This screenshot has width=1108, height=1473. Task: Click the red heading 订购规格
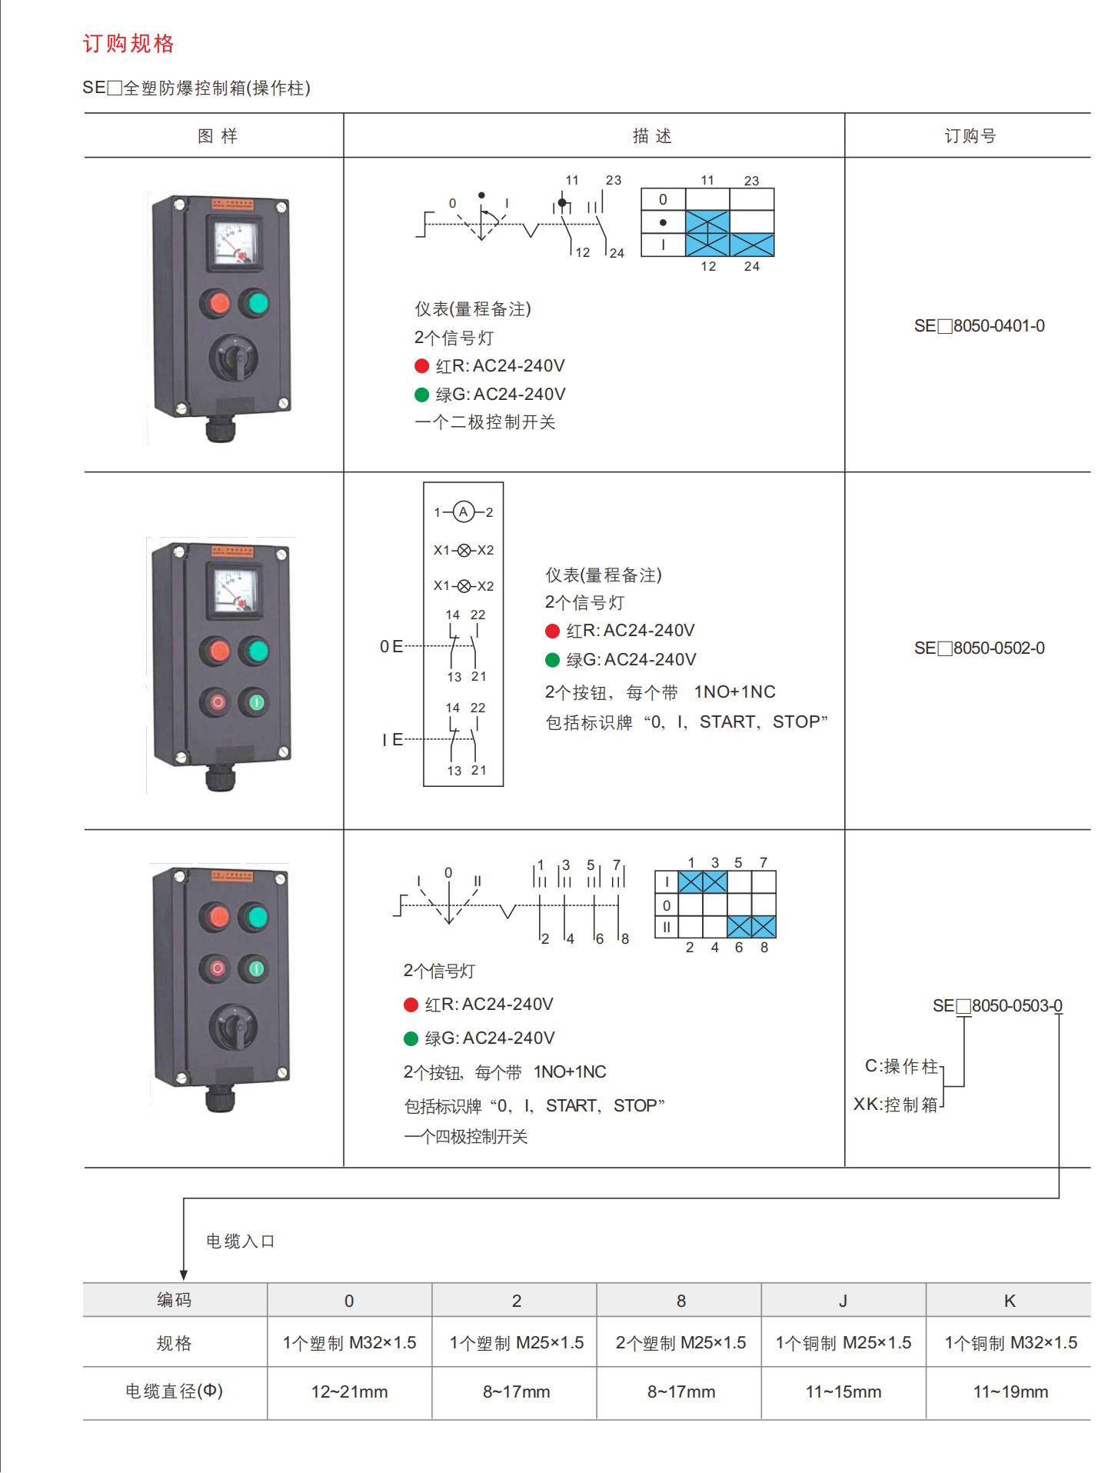128,44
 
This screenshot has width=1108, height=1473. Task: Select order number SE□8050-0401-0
979,326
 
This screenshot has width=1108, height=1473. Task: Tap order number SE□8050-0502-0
979,648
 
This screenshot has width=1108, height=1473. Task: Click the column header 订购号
970,136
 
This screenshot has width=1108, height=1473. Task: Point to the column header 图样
218,136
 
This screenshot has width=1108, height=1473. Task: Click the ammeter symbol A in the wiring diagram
464,512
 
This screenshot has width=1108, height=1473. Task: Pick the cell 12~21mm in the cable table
349,1392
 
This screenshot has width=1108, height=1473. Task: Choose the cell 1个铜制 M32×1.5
1010,1343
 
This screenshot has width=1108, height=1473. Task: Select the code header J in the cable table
843,1301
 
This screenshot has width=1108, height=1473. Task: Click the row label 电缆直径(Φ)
174,1391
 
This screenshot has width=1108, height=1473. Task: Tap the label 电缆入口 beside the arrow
240,1241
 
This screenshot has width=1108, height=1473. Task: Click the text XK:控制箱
896,1105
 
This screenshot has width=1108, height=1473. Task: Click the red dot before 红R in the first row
421,366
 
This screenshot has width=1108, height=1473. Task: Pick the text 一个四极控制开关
465,1137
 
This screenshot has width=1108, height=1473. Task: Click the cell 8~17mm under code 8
680,1392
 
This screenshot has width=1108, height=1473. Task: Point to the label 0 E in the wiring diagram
391,647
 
